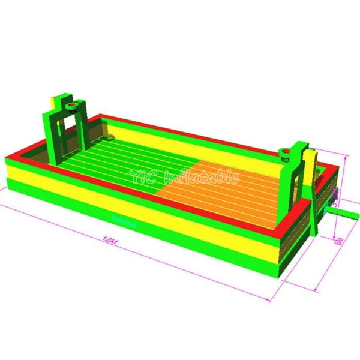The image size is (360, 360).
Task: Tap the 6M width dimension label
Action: click(339, 241)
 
